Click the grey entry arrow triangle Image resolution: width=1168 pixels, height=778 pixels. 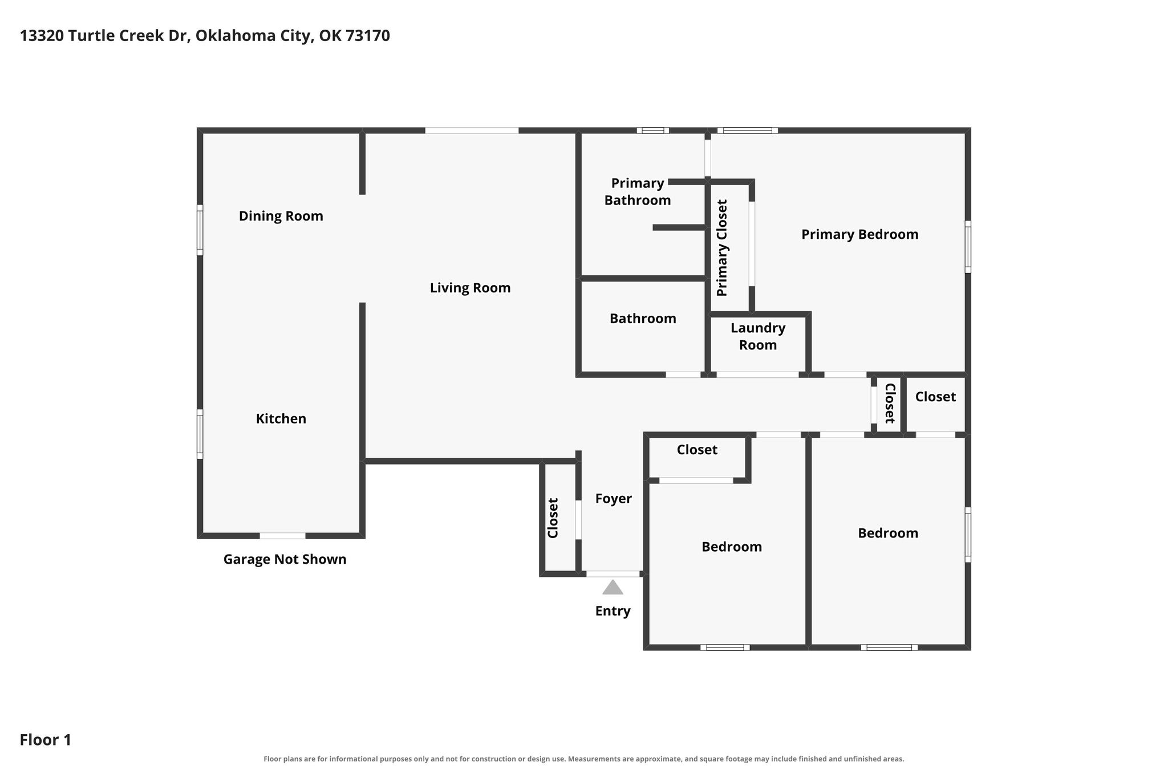pos(613,588)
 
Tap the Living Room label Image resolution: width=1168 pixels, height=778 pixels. pos(470,288)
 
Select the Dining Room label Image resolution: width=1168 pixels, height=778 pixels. pos(281,216)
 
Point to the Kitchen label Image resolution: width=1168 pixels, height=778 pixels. pos(281,419)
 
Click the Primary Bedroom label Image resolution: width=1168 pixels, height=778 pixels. pos(859,234)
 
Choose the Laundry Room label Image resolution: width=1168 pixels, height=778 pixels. pos(758,336)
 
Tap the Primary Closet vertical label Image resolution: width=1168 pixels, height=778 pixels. pos(722,247)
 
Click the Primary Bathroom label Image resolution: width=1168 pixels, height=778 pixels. pos(637,192)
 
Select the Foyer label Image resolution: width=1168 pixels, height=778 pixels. pos(613,499)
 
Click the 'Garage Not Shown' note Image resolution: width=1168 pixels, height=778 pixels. pos(285,559)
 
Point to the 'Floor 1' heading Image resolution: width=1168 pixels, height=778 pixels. pos(46,740)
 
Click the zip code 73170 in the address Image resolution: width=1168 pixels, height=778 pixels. pos(368,36)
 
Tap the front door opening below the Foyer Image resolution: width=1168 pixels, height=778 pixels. pos(613,573)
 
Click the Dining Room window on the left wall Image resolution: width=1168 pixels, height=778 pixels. pos(200,230)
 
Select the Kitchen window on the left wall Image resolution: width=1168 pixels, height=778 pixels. pos(200,434)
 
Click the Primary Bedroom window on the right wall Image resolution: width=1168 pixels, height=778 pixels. pos(968,247)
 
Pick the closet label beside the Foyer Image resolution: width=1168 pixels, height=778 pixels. pos(553,518)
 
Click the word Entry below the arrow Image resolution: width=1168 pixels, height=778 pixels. pos(613,611)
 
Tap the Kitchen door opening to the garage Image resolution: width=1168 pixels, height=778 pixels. pos(282,536)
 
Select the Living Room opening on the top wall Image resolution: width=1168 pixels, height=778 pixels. pos(472,131)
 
